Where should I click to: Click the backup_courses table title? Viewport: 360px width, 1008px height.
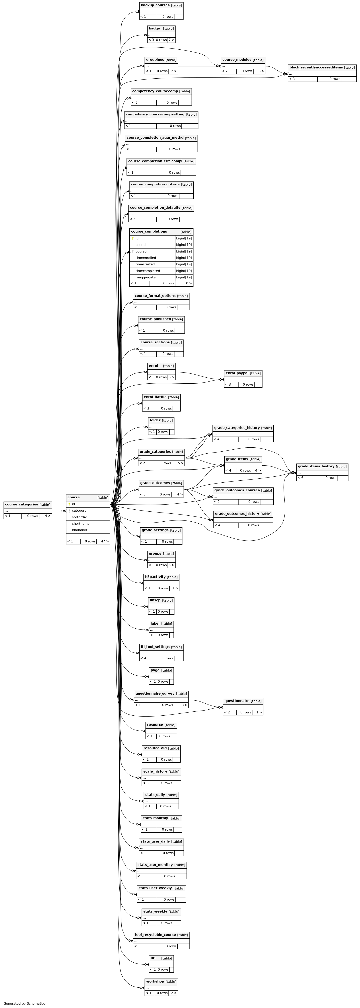[x=155, y=5]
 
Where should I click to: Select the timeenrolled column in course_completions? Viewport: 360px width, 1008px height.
[x=146, y=258]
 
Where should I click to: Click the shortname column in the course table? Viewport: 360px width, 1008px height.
[x=81, y=524]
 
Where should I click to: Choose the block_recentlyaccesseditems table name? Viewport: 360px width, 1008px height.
[x=316, y=67]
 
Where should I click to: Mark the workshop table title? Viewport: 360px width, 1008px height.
[x=155, y=981]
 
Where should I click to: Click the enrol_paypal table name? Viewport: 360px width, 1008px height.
[x=237, y=373]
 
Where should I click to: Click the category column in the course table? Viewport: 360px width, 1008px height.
[x=79, y=511]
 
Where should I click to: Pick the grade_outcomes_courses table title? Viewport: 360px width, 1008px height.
[x=237, y=490]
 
